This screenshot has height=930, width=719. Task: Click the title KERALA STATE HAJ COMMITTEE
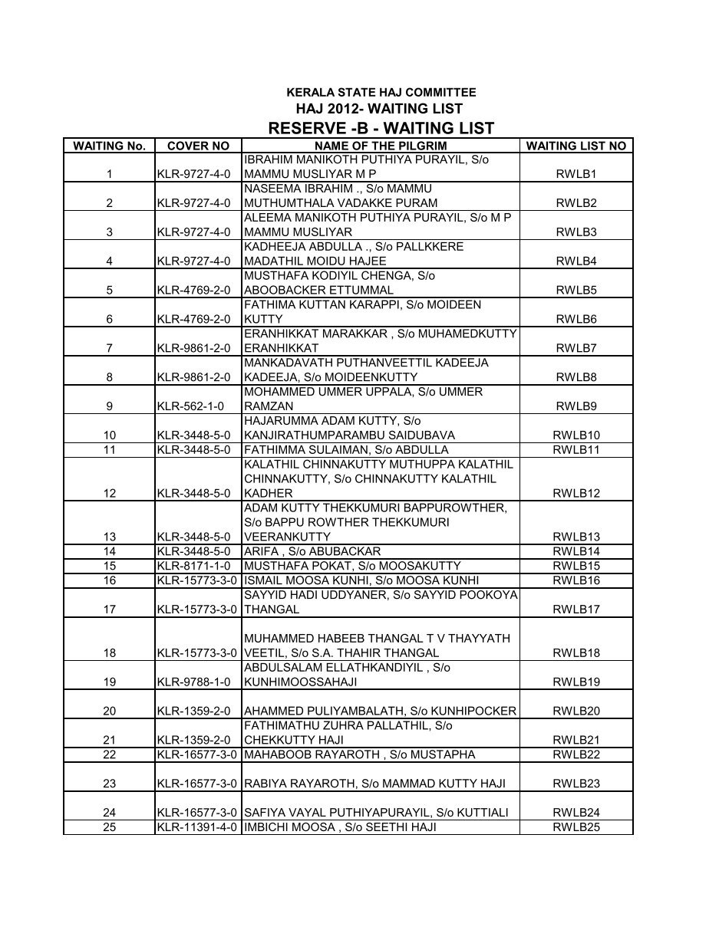381,93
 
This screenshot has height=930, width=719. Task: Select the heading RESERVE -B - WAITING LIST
381,128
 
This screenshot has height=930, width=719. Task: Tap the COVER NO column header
198,146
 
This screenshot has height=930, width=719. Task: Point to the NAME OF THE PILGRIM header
381,146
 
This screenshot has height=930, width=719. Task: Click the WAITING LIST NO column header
576,146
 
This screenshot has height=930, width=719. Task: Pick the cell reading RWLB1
576,174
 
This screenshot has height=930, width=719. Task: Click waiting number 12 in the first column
110,494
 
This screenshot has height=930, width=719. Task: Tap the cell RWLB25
576,827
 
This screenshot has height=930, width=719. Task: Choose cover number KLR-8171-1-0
192,567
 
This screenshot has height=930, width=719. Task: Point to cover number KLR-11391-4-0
198,827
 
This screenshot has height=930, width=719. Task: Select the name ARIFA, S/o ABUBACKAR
312,552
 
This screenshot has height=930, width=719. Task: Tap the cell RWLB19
576,682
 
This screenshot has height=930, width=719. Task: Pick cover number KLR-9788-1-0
192,682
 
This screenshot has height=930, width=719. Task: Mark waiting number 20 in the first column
110,711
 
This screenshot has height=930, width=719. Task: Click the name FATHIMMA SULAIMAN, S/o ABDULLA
346,450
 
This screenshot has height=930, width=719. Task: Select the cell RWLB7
576,348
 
